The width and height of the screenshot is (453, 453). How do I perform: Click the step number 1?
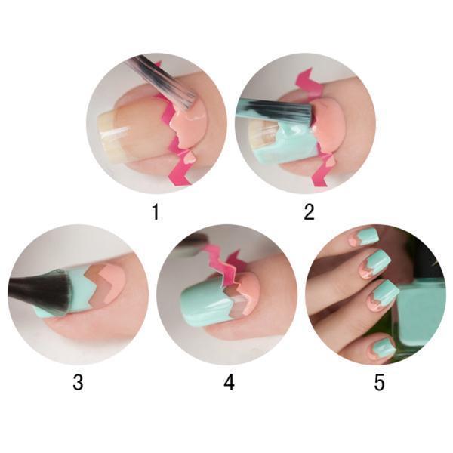[x=156, y=211]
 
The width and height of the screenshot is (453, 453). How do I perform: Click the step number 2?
[x=309, y=211]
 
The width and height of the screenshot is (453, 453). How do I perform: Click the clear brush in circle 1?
[x=162, y=79]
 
